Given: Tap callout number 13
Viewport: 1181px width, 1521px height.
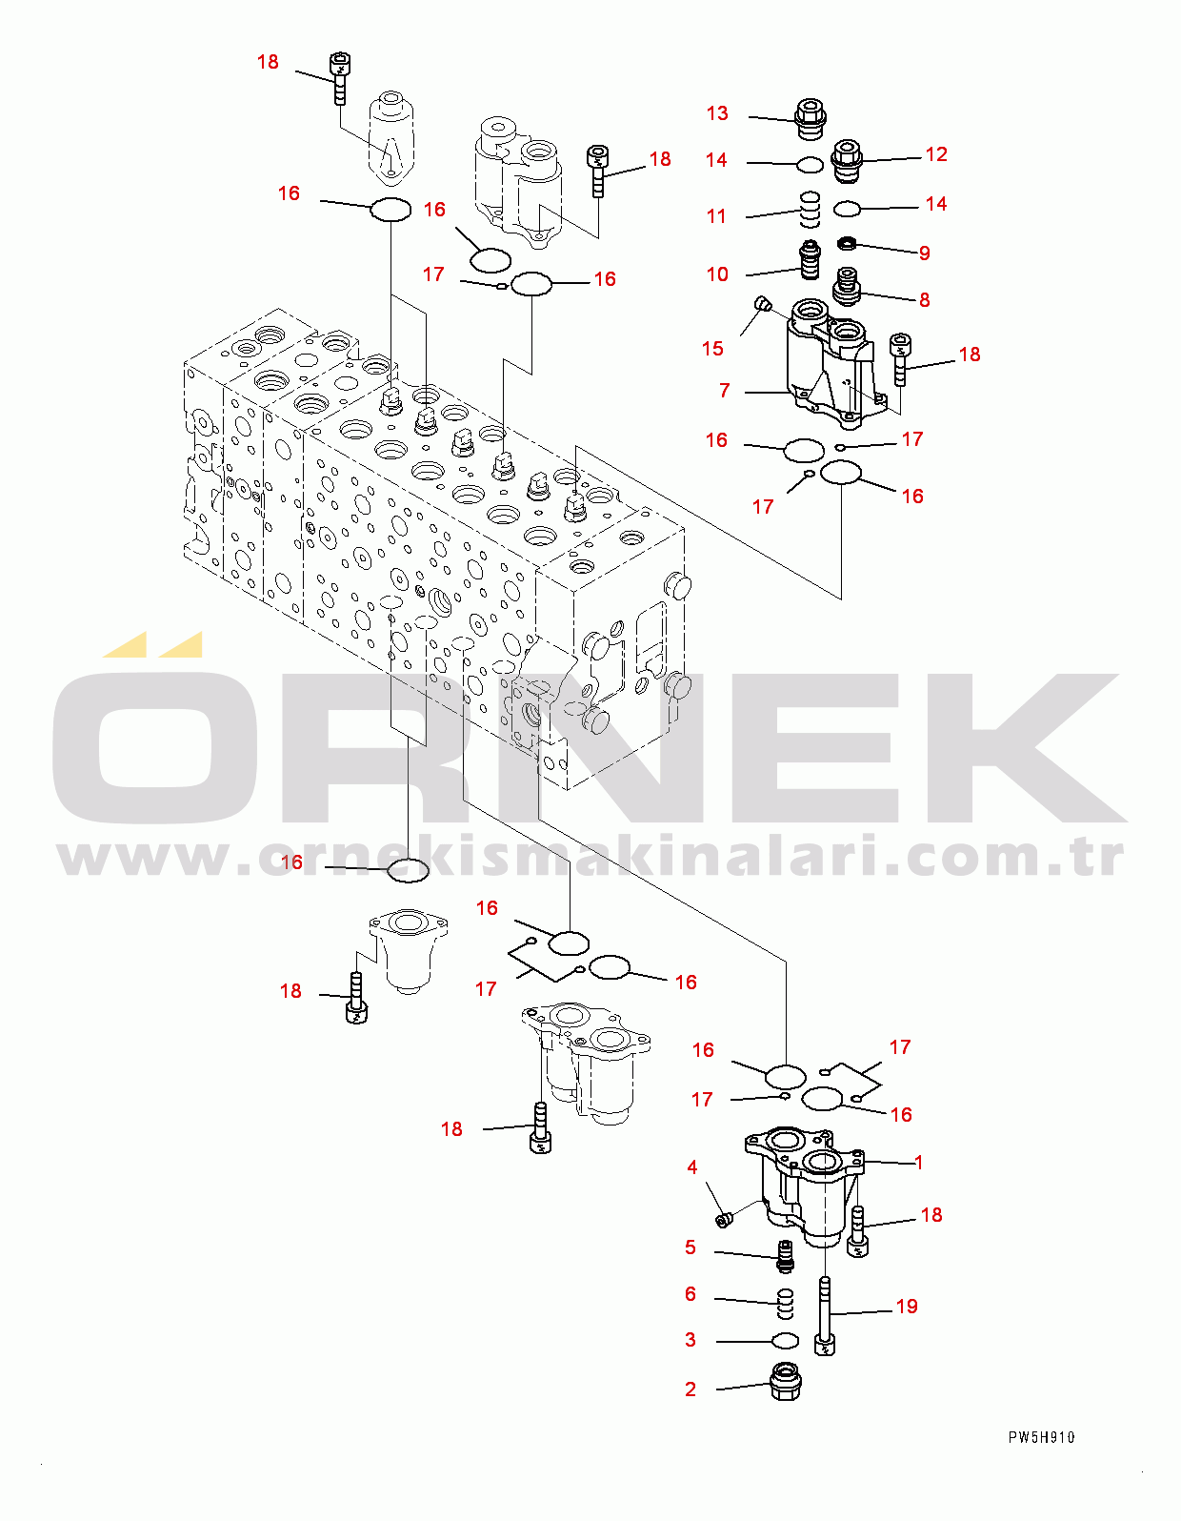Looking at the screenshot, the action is tap(717, 113).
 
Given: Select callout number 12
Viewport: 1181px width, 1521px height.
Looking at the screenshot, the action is tap(936, 154).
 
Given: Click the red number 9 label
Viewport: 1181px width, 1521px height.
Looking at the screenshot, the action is tap(925, 253).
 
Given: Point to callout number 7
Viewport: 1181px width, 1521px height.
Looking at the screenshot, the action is tap(725, 390).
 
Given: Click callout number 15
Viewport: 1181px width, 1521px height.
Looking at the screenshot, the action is tap(712, 349).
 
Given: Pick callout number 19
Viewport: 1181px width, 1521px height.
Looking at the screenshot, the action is tap(907, 1307).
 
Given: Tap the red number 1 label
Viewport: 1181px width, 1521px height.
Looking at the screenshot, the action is tap(919, 1163).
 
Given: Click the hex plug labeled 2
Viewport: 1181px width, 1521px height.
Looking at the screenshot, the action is tap(786, 1381).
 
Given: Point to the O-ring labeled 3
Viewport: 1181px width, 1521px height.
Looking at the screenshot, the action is tap(785, 1340).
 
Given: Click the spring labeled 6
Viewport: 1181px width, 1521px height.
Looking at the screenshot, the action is tap(786, 1304).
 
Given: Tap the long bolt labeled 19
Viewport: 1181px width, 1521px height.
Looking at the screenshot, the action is tap(825, 1317).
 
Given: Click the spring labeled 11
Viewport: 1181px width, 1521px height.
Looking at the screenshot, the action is tap(810, 209).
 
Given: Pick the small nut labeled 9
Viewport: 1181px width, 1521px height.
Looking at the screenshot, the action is tap(847, 243).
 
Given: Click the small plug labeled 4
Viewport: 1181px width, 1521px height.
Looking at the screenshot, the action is tap(724, 1220).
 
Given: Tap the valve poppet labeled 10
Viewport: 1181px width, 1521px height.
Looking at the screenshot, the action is tap(810, 259).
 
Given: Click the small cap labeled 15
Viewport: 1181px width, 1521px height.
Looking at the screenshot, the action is tap(762, 304).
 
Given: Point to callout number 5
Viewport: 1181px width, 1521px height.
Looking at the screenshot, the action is tap(691, 1247).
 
